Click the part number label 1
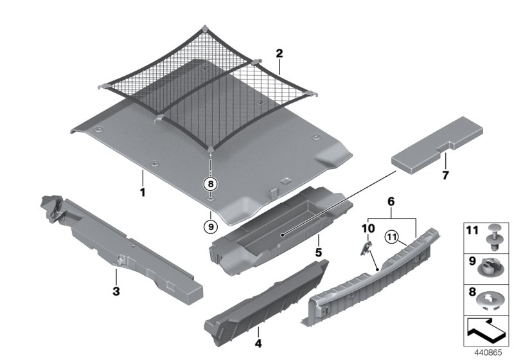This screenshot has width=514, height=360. [143, 192]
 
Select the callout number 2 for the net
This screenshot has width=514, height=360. [279, 53]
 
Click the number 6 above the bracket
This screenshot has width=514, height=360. [390, 201]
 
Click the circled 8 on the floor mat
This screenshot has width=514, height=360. [210, 184]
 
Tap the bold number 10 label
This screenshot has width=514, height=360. [368, 228]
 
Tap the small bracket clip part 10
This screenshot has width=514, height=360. [364, 247]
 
